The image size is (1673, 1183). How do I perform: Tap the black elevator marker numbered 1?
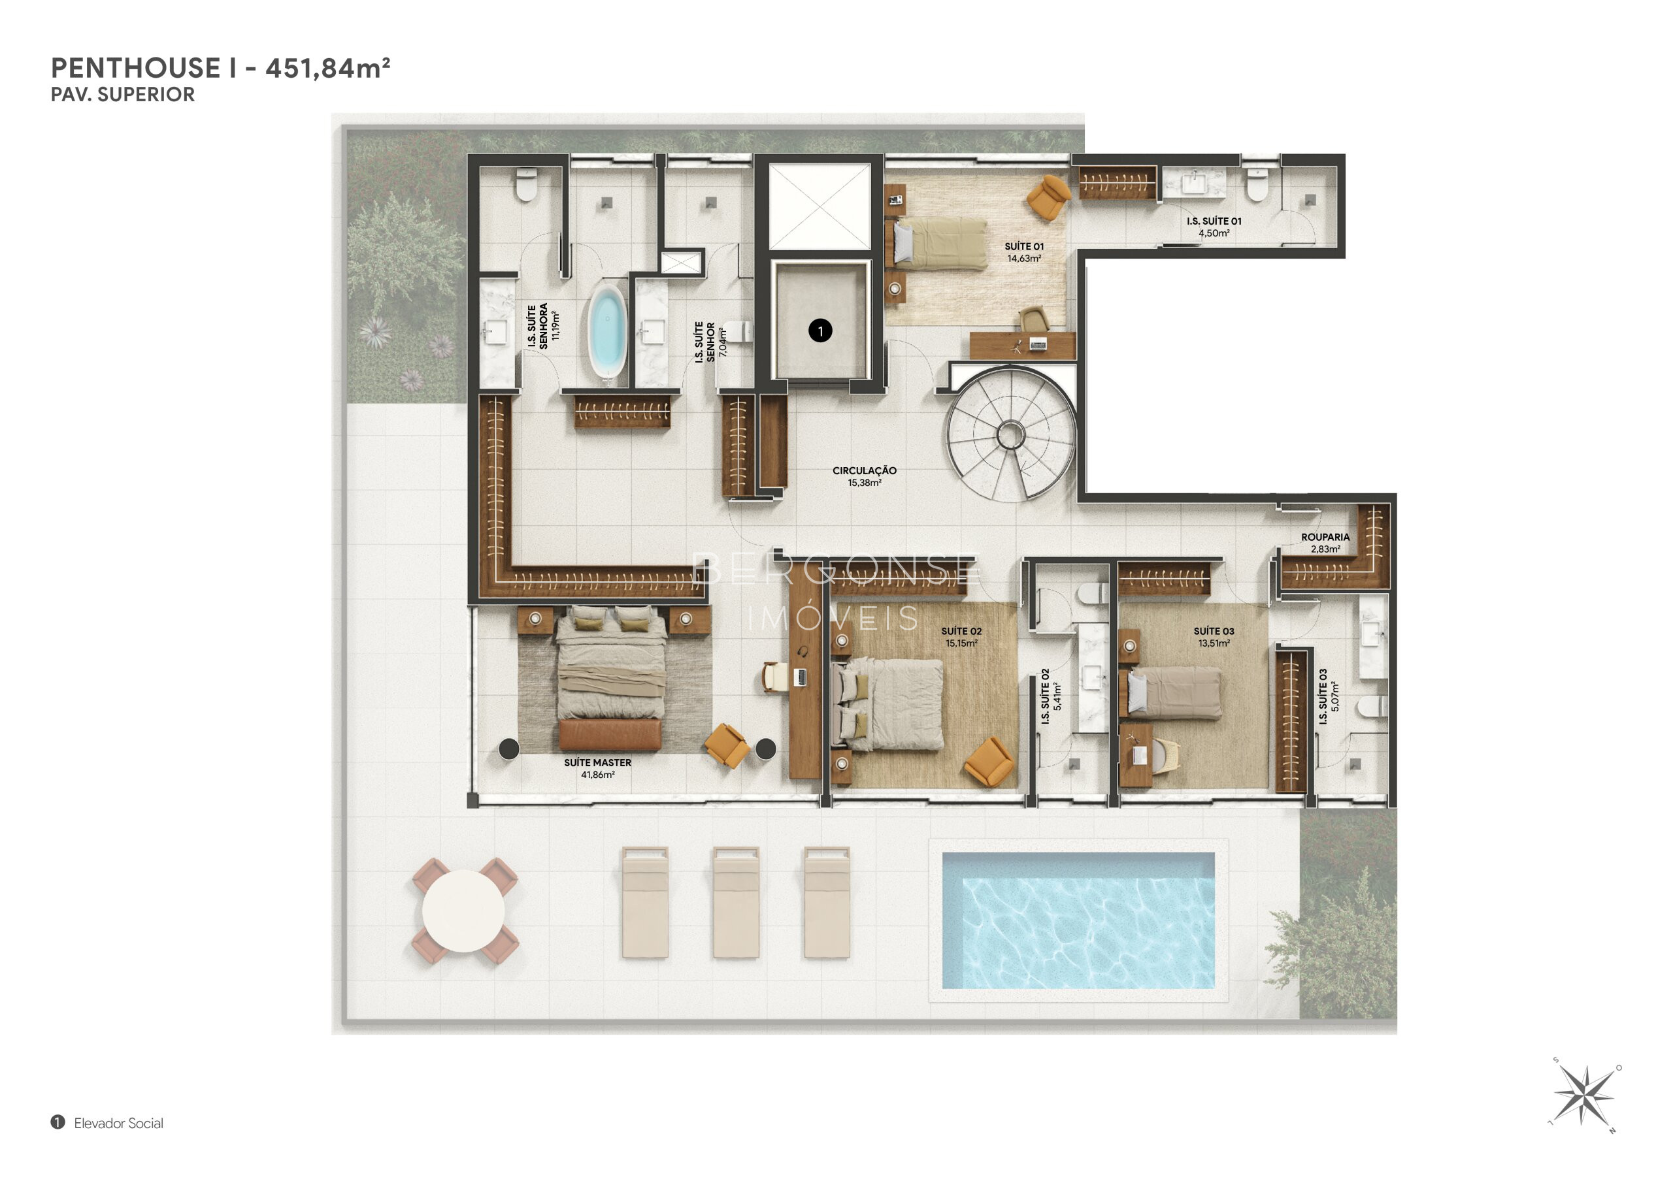pyautogui.click(x=820, y=331)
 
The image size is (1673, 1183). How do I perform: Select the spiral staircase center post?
pyautogui.click(x=1010, y=436)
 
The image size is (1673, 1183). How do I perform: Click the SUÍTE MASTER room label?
pyautogui.click(x=597, y=763)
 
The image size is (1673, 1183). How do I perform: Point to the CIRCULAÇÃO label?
pyautogui.click(x=864, y=470)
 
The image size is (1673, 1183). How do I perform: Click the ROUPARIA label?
pyautogui.click(x=1325, y=538)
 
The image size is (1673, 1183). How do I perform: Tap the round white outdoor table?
pyautogui.click(x=463, y=911)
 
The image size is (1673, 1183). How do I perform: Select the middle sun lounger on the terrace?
pyautogui.click(x=736, y=902)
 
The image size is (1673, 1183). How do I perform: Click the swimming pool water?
pyautogui.click(x=1078, y=921)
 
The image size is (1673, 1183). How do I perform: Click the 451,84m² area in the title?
pyautogui.click(x=328, y=69)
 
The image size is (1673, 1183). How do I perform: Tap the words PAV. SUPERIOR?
pyautogui.click(x=122, y=95)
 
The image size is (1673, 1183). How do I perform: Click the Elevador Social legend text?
pyautogui.click(x=119, y=1124)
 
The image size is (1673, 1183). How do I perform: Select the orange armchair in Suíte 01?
pyautogui.click(x=1048, y=196)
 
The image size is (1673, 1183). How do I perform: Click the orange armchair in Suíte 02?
pyautogui.click(x=989, y=762)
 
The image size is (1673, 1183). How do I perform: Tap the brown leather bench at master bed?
pyautogui.click(x=610, y=735)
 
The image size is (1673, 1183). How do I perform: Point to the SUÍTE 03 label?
pyautogui.click(x=1214, y=632)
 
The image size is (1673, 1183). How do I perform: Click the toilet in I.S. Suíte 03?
pyautogui.click(x=1370, y=706)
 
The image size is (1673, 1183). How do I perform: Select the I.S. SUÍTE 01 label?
pyautogui.click(x=1214, y=221)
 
